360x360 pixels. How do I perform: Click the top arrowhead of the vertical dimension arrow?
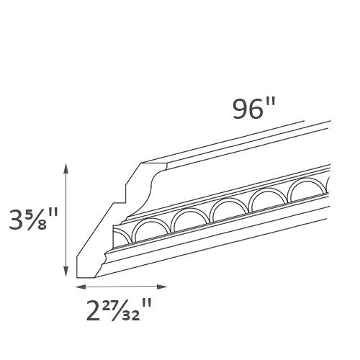67,168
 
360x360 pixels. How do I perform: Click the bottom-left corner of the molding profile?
77,276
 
